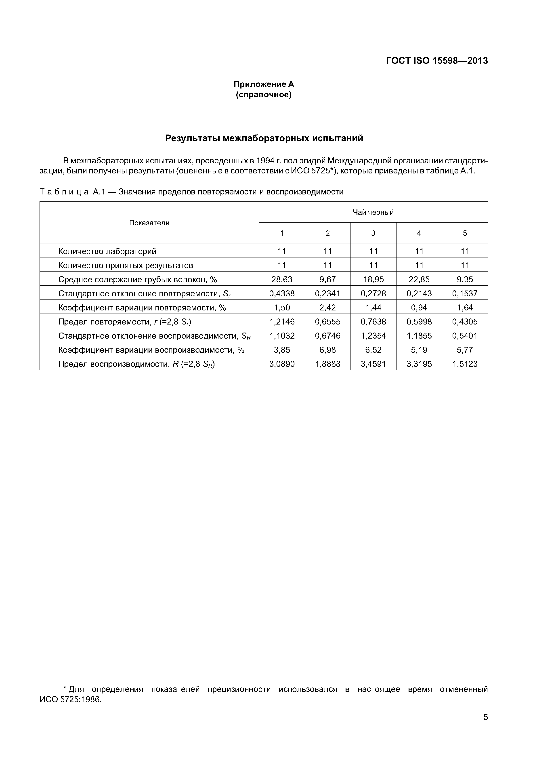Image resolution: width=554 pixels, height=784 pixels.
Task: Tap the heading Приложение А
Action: [x=264, y=84]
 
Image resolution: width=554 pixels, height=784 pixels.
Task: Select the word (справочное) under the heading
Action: [x=264, y=95]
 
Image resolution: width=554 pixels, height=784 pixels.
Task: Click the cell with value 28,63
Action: [x=282, y=279]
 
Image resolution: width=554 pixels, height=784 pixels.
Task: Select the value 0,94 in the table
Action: [x=419, y=308]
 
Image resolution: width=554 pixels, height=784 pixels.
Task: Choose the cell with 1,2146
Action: [x=282, y=322]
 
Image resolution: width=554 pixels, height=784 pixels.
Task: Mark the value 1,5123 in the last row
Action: [x=465, y=364]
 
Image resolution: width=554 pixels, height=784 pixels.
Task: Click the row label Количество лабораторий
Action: [x=107, y=251]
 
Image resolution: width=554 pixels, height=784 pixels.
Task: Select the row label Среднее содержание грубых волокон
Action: [x=137, y=279]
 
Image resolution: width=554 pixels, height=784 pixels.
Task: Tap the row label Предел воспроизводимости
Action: [x=136, y=364]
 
